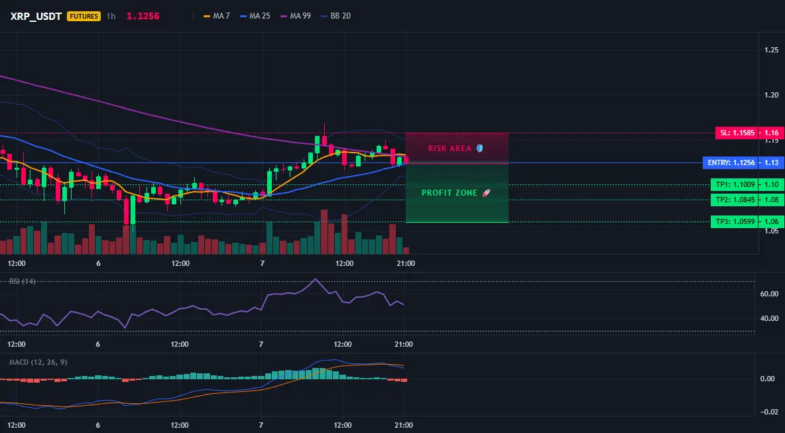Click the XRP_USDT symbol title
[36, 16]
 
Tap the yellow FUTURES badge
[84, 16]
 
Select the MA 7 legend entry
[217, 16]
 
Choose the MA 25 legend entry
[255, 16]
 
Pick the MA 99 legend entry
[296, 16]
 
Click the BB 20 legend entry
[336, 16]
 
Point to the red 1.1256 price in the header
[143, 16]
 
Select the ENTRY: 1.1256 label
[731, 162]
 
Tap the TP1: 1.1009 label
[735, 185]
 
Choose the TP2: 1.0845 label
[735, 200]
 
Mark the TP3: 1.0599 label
[735, 221]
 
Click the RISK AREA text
[450, 148]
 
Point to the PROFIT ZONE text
[450, 193]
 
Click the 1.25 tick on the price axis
[772, 50]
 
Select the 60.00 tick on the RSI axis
[769, 294]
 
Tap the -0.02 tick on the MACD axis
[768, 412]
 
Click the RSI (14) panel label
[23, 281]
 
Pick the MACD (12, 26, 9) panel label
[38, 362]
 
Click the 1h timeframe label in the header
[111, 16]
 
